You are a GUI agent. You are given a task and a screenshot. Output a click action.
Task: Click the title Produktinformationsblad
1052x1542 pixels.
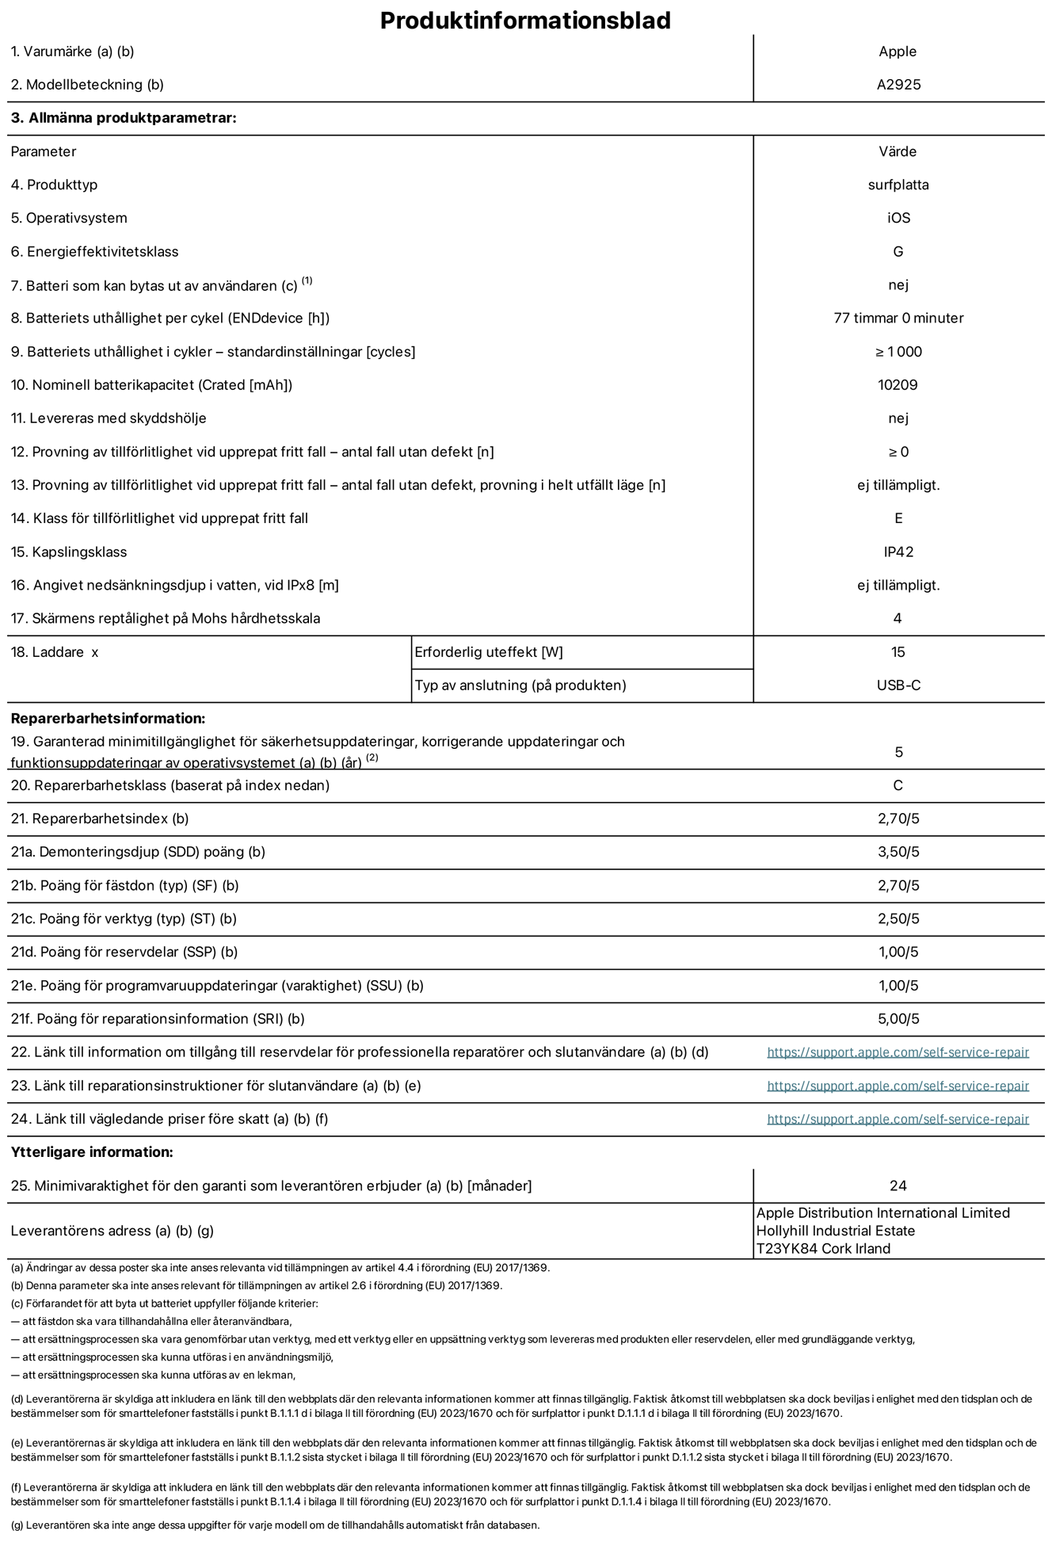point(525,21)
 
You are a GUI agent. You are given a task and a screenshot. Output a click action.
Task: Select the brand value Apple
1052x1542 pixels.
point(898,52)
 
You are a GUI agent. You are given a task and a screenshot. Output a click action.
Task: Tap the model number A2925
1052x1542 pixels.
point(898,85)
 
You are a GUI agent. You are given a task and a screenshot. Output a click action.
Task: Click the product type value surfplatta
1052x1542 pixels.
point(898,185)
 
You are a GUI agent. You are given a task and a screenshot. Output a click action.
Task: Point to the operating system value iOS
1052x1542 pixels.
point(898,218)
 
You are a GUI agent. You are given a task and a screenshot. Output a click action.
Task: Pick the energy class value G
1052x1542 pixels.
point(898,251)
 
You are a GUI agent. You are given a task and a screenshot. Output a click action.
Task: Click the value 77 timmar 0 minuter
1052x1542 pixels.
point(898,318)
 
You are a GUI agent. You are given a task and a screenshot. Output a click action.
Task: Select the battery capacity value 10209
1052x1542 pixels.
point(898,385)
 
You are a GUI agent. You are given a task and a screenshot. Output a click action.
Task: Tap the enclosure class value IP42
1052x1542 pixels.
point(898,552)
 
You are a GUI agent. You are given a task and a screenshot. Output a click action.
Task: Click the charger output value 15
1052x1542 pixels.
point(898,652)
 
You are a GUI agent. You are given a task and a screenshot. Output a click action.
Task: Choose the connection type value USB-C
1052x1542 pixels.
point(898,685)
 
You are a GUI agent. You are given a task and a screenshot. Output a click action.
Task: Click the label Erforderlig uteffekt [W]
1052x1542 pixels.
point(489,652)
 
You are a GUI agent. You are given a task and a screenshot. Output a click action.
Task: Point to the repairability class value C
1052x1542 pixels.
point(898,785)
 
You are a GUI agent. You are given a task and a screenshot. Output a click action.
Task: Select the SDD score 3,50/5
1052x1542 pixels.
point(898,852)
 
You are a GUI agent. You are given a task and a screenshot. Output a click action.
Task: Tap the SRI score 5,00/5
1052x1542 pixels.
point(898,1019)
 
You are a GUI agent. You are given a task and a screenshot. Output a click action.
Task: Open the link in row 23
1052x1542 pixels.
point(898,1086)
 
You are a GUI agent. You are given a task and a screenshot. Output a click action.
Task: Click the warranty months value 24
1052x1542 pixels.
point(898,1185)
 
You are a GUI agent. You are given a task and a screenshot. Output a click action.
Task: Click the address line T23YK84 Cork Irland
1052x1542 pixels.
point(824,1249)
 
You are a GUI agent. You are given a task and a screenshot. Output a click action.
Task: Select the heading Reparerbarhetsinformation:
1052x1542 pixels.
point(108,719)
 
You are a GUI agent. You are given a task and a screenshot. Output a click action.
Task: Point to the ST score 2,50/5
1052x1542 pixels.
point(898,919)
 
